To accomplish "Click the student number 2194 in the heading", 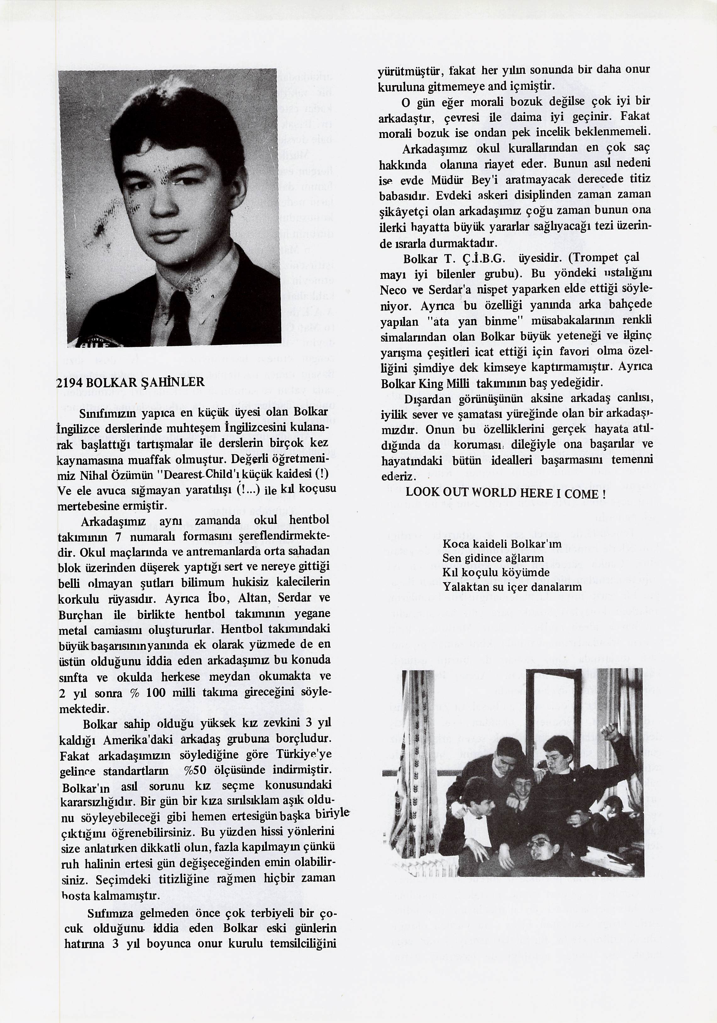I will tap(69, 382).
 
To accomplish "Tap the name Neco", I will tap(393, 290).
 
